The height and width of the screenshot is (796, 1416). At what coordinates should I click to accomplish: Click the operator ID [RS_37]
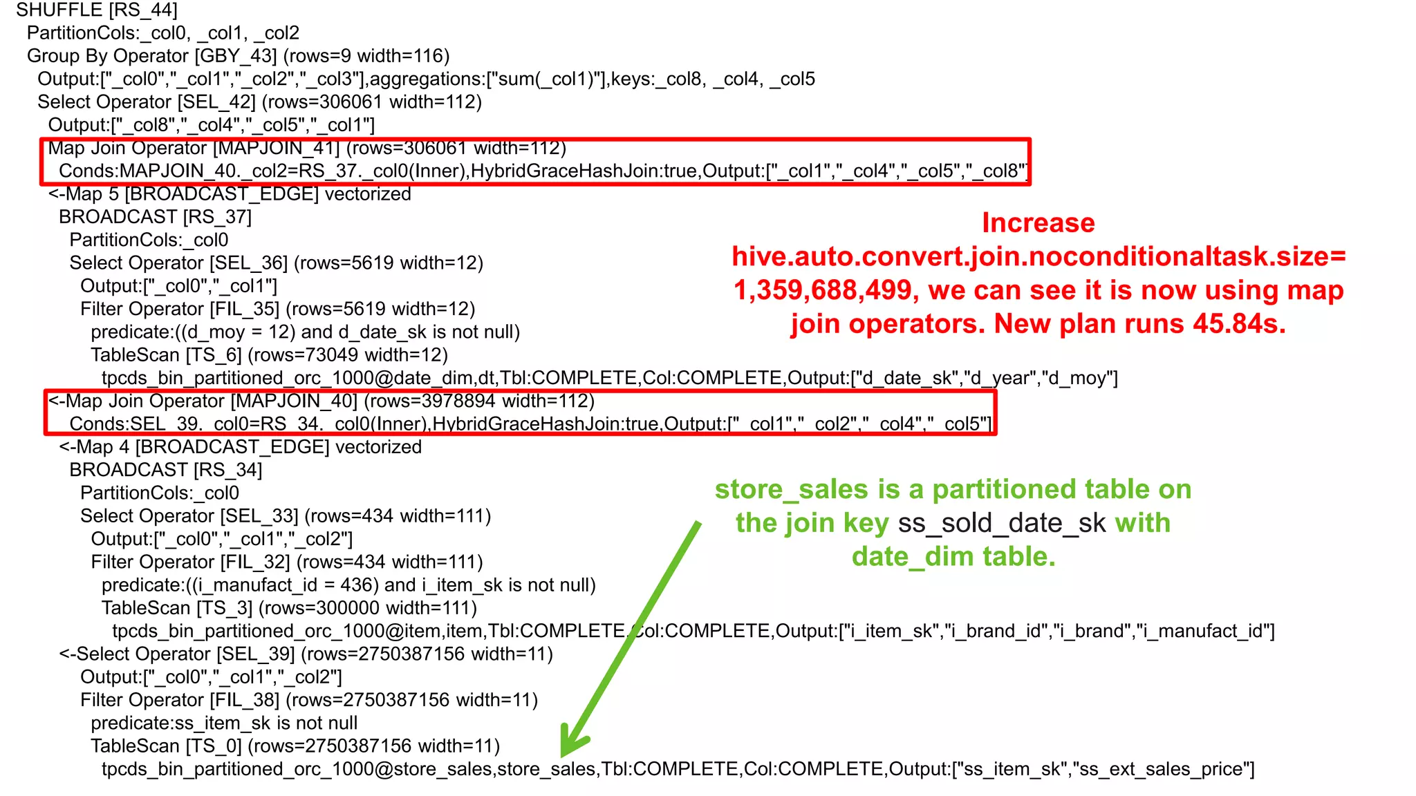tap(217, 217)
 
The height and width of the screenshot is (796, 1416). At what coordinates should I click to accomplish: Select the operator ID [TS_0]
tap(214, 746)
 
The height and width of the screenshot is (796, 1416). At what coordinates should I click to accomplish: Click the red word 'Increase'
tap(1038, 223)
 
